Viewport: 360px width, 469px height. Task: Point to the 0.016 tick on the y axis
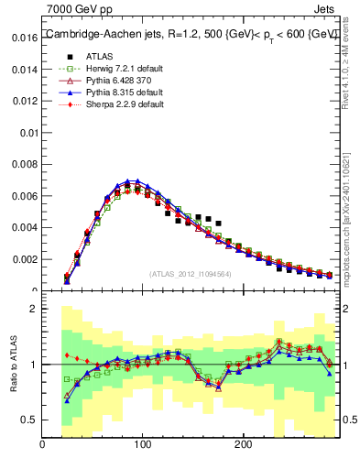point(25,38)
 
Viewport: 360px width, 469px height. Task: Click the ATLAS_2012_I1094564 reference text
point(190,274)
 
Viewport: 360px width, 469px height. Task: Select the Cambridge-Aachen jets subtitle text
point(191,35)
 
